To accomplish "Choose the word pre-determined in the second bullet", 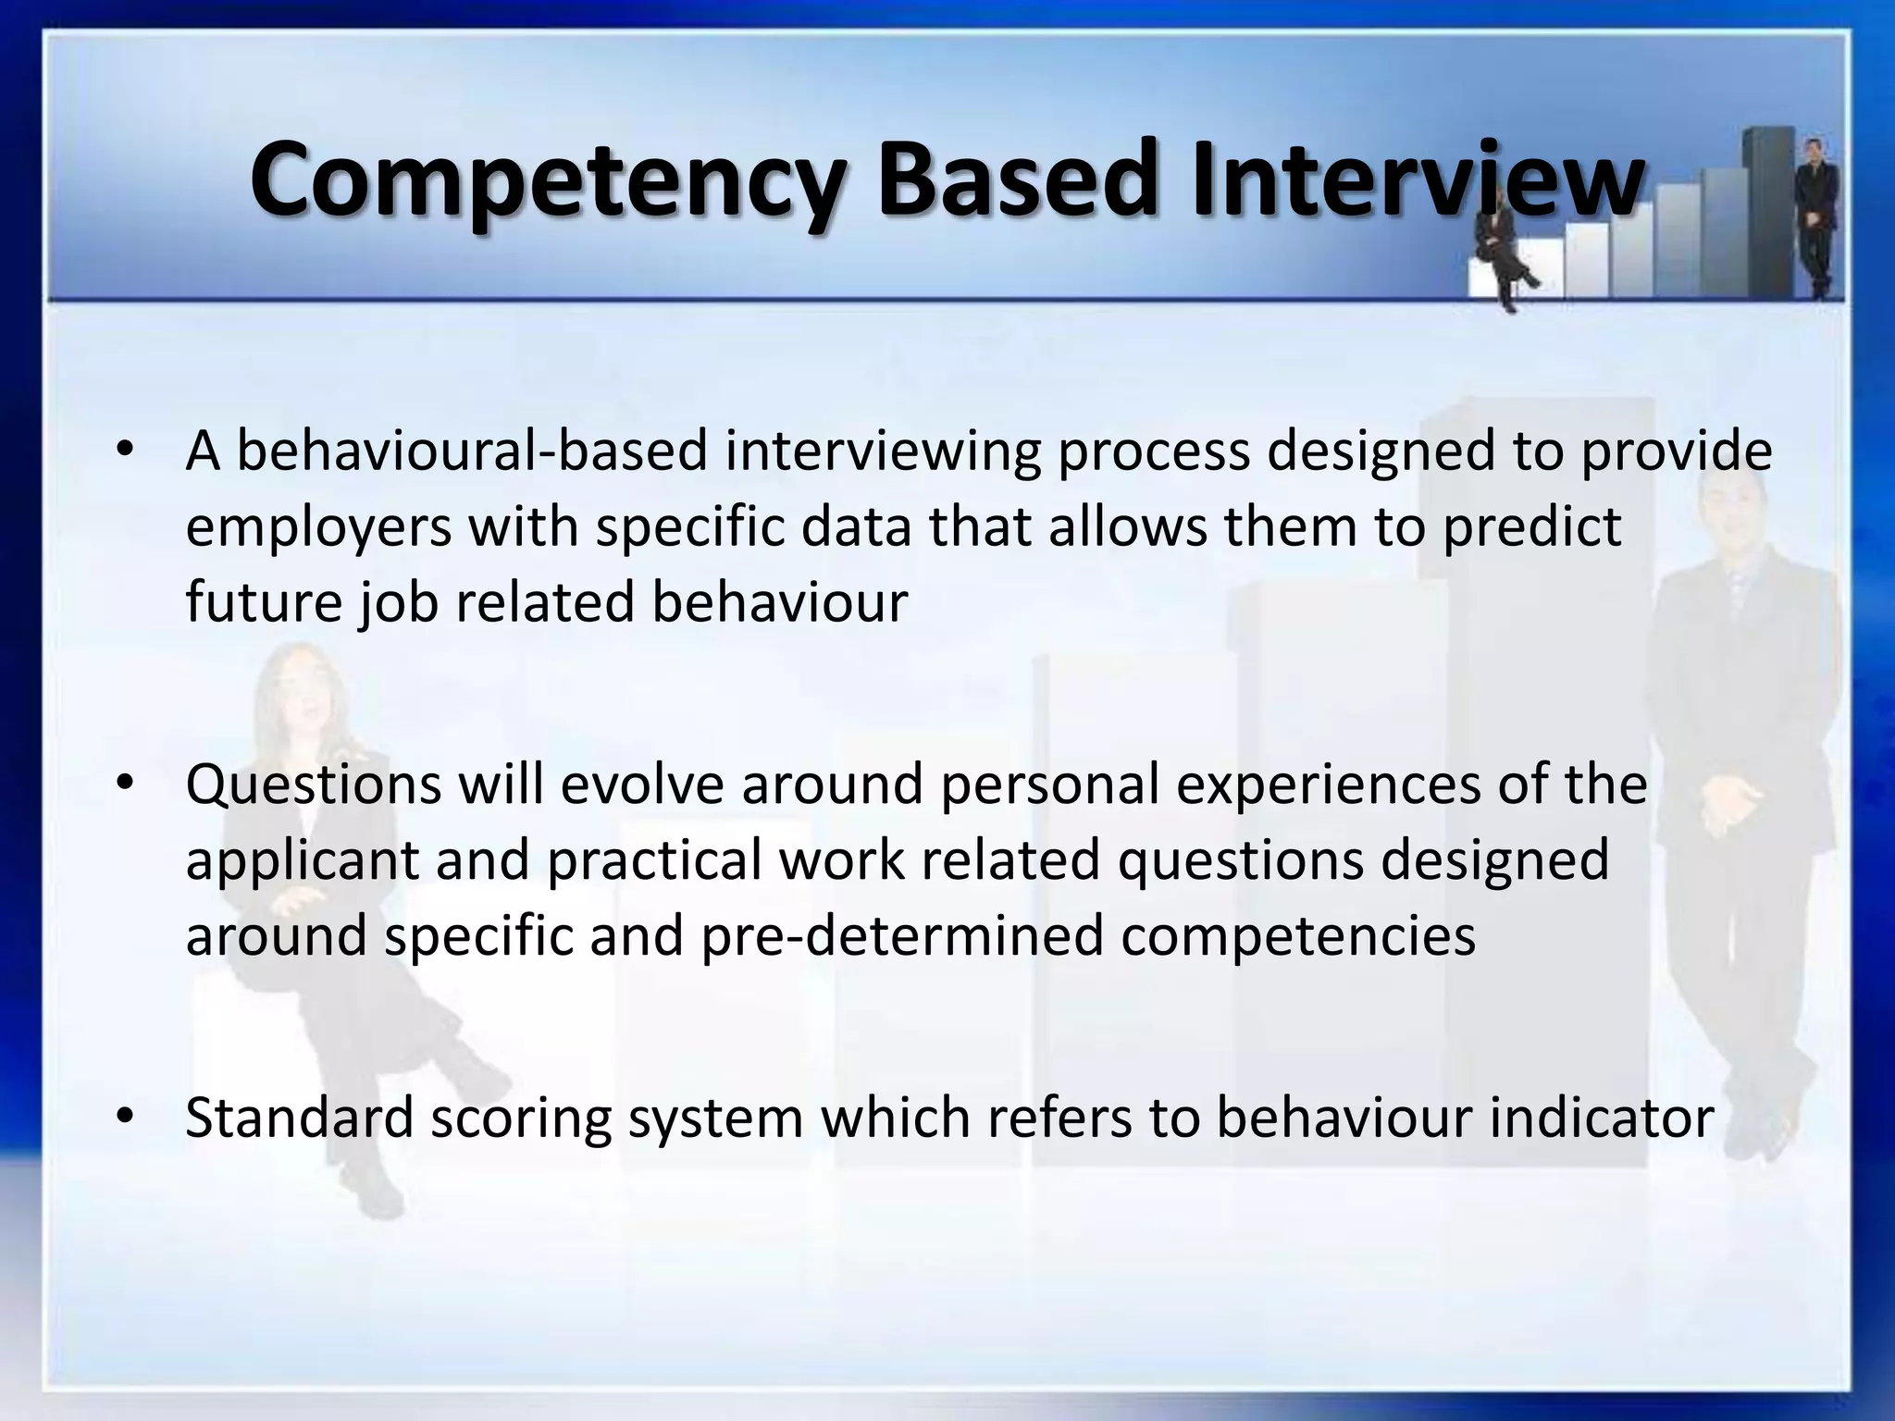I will (902, 936).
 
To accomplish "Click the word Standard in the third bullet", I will (300, 1118).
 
